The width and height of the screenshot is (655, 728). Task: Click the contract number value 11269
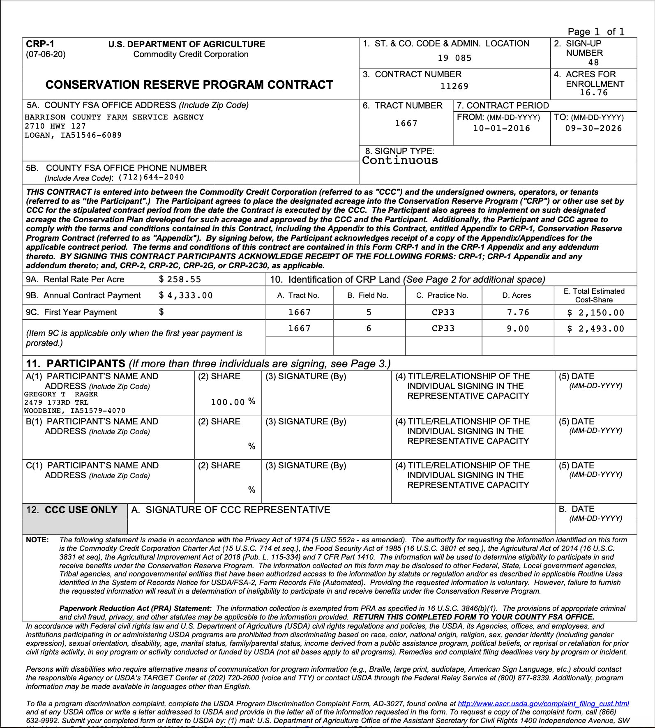coord(454,86)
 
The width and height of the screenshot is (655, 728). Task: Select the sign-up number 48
coord(593,62)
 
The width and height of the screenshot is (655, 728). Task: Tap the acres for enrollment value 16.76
coord(593,93)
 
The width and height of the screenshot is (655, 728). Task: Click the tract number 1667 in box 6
coord(406,123)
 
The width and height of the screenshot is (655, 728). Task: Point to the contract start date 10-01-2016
coord(501,128)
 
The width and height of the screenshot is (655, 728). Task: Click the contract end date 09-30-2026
coord(593,128)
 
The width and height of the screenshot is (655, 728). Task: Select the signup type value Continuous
coord(400,161)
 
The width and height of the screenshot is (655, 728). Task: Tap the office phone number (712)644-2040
coord(151,177)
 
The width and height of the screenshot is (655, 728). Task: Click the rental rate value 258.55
coord(184,279)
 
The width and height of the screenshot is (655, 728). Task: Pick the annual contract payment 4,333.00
coord(190,295)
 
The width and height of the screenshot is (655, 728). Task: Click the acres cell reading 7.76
coord(518,312)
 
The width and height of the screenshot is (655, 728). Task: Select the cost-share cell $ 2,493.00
coord(595,329)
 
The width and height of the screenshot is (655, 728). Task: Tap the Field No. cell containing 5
coord(369,312)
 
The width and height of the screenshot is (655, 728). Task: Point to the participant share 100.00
coord(228,402)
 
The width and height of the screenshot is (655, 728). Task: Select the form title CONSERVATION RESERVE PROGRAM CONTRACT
coord(189,85)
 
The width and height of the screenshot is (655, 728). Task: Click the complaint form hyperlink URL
coord(543,704)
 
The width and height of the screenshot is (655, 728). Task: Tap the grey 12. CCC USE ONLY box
coord(74,518)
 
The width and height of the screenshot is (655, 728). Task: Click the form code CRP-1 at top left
coord(40,44)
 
